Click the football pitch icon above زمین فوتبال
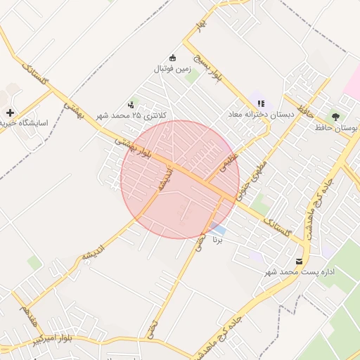(x=173, y=58)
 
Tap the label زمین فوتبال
(x=173, y=70)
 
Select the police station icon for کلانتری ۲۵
(x=131, y=103)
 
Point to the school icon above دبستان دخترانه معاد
(x=261, y=103)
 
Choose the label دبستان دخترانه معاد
(x=261, y=114)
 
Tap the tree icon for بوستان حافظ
(x=335, y=117)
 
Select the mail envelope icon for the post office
(x=300, y=261)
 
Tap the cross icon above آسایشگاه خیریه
(x=9, y=112)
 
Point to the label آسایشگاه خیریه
(x=24, y=122)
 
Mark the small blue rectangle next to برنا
(x=219, y=229)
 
